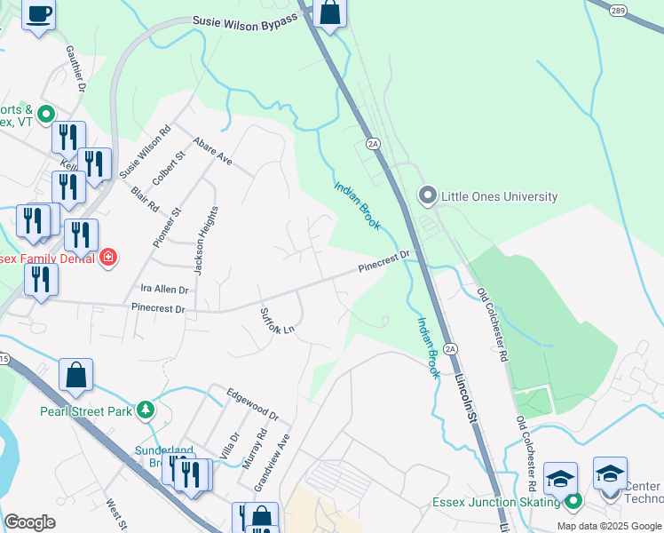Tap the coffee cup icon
[x=39, y=15]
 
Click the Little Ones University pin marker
[x=429, y=195]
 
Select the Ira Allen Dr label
[x=164, y=290]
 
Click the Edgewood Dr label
[x=252, y=403]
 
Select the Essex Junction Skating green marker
[x=573, y=502]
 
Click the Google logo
[x=29, y=522]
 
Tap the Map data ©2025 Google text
[x=609, y=526]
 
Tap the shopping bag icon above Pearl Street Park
[x=76, y=376]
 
